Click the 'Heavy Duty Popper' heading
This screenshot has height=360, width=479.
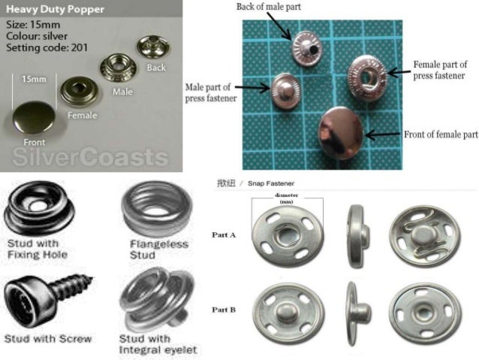pos(55,9)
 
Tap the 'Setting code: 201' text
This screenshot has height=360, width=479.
pos(47,47)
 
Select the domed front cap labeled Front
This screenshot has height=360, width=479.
pos(34,118)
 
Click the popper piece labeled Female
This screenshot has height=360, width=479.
pos(80,91)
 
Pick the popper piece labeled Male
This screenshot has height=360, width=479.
pos(119,68)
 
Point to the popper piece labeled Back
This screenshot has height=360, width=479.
pos(153,47)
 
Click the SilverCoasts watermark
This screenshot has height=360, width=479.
pos(90,157)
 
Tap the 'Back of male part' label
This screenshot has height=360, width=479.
pos(269,7)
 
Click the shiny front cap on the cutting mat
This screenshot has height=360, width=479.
pos(341,133)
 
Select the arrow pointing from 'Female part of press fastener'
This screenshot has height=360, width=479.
pos(399,73)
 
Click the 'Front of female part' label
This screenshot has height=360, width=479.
pos(441,135)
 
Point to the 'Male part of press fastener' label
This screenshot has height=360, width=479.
pos(211,92)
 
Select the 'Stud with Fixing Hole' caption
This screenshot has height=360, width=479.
pos(37,249)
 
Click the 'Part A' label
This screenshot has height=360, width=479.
pos(224,235)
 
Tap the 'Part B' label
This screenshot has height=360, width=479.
pos(224,310)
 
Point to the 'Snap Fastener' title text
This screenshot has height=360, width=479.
pos(271,183)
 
